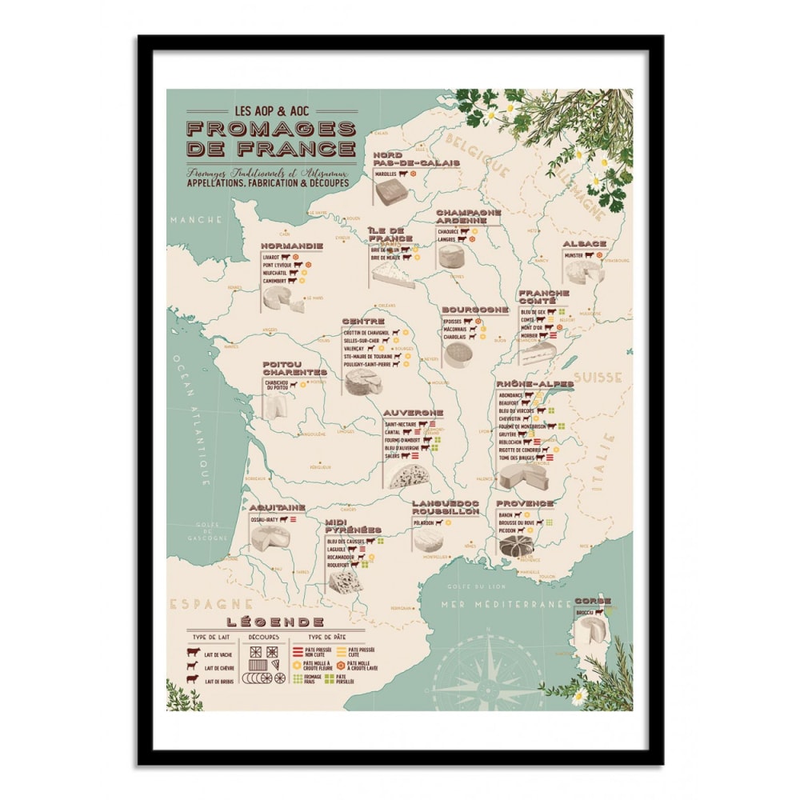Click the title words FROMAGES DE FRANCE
270,138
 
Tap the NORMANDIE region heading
291,246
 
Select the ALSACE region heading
584,243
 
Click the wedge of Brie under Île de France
393,275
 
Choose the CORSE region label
593,601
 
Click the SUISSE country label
603,376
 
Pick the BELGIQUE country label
477,154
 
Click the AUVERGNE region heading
413,413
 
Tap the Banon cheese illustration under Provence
517,546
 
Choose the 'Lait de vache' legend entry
218,655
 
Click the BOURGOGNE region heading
474,309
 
